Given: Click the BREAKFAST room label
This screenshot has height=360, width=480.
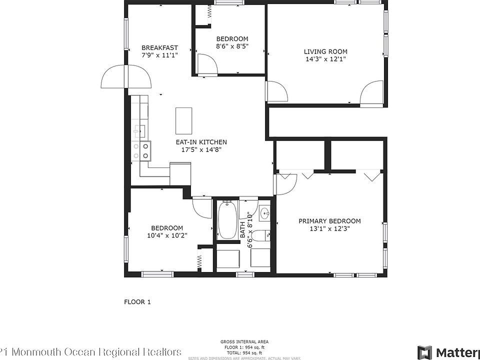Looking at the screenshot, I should pos(159,48).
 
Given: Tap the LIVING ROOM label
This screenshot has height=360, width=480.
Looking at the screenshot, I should pos(325,51).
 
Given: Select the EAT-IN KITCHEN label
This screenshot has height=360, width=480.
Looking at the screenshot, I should pos(201,142).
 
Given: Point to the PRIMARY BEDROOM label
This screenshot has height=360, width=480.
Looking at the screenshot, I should pos(329,221).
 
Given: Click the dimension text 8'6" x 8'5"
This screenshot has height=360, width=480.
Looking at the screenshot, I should pos(232,46).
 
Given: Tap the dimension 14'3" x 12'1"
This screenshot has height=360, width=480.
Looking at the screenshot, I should pos(325,59).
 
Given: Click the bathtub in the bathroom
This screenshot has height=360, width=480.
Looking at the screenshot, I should pos(228,219).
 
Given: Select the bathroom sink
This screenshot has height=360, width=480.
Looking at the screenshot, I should pos(264,213).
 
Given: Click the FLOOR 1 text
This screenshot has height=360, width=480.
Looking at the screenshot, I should pos(137,302).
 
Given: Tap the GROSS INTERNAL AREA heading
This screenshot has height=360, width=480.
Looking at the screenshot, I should pos(244,342).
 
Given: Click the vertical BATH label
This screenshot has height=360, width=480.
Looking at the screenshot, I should pos(242,229).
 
